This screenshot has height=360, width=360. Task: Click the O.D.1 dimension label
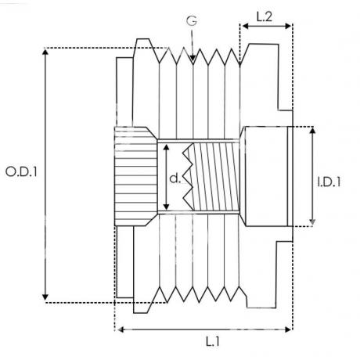(21, 172)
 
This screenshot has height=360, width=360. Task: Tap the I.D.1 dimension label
(329, 182)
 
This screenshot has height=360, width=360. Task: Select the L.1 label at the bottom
(213, 341)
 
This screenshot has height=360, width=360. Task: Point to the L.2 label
(265, 16)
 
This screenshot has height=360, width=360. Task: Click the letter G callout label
(192, 21)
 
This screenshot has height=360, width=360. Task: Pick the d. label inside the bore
(175, 178)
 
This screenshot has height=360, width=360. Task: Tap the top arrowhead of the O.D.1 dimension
(45, 52)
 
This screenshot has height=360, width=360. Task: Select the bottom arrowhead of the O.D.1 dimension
(45, 297)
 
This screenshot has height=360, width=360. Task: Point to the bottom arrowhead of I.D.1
(312, 222)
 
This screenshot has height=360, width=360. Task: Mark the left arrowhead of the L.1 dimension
(121, 329)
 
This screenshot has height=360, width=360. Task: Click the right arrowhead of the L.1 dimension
(288, 329)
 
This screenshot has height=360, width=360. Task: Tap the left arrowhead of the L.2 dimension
(245, 26)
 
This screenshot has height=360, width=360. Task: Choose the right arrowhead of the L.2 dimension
(288, 26)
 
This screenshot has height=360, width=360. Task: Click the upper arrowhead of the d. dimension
(167, 147)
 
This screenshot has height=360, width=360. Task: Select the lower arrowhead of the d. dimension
(167, 207)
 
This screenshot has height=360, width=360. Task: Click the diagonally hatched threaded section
(216, 177)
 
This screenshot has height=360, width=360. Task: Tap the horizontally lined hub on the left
(135, 176)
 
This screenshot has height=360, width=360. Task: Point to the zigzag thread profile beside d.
(189, 176)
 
